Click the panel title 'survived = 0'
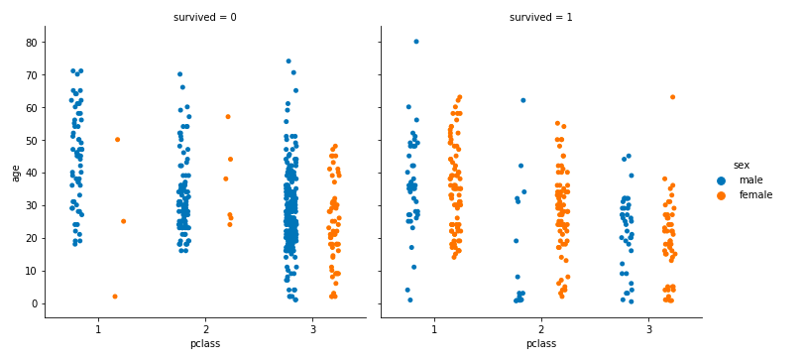click(205, 18)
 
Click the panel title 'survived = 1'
click(541, 18)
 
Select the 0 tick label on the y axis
click(34, 303)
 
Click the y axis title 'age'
click(14, 173)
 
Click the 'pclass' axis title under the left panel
click(205, 344)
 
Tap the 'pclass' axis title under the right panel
click(541, 344)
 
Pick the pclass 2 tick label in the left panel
click(205, 328)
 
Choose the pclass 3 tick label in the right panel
click(648, 328)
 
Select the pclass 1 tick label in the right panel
click(434, 328)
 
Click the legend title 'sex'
click(741, 165)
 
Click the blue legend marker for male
click(722, 180)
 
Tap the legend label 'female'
click(755, 195)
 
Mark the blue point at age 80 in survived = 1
click(416, 42)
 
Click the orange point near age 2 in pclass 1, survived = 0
click(115, 297)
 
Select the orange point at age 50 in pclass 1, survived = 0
click(117, 140)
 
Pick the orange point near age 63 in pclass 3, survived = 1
click(672, 97)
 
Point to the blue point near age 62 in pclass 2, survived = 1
click(523, 100)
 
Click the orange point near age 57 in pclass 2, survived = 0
click(228, 117)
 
